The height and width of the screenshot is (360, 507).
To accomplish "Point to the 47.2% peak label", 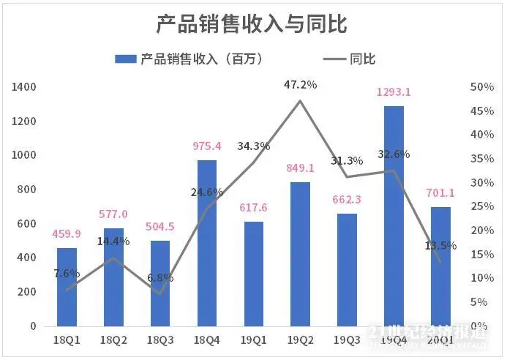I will [x=300, y=85].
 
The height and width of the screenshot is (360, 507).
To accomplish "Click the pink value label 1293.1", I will [x=394, y=92].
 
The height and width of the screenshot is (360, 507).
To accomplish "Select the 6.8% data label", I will [x=160, y=279].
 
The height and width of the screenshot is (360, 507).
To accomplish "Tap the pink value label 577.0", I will [x=113, y=214].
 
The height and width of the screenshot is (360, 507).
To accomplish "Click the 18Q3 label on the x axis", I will [x=160, y=340].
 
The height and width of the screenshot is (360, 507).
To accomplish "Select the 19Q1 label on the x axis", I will [x=253, y=340].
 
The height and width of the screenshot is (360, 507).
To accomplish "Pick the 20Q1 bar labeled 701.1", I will [x=440, y=266].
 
